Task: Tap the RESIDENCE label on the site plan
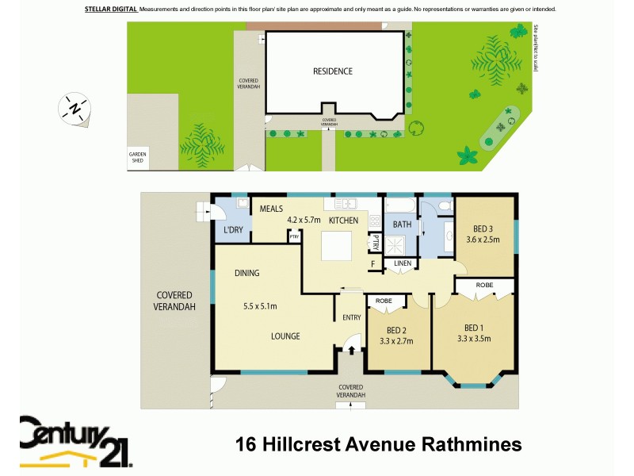click(x=333, y=71)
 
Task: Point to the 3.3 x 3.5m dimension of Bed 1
click(x=473, y=339)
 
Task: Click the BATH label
click(x=402, y=225)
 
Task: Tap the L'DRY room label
click(x=232, y=230)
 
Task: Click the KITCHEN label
click(x=343, y=220)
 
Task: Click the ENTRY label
click(x=351, y=318)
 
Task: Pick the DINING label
click(x=246, y=273)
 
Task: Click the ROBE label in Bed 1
click(x=484, y=285)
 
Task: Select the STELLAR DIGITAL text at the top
click(x=110, y=9)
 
